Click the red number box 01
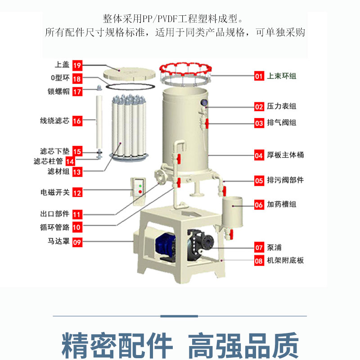click(x=259, y=76)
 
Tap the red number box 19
click(x=77, y=65)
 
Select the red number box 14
click(x=70, y=161)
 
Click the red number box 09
click(x=77, y=242)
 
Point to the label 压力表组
click(x=282, y=106)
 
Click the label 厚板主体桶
click(x=285, y=155)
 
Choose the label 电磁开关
click(x=55, y=192)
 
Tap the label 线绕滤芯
click(x=54, y=120)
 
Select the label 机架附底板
click(x=285, y=260)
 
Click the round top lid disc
click(x=129, y=73)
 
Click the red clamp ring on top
click(x=185, y=69)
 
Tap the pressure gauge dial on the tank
click(x=204, y=103)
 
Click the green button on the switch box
click(x=140, y=186)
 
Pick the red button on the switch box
click(x=140, y=192)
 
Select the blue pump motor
click(x=165, y=245)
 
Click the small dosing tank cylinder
click(x=232, y=212)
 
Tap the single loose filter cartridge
click(x=99, y=122)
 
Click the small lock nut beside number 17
click(x=99, y=87)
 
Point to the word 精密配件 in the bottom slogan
click(x=117, y=345)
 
